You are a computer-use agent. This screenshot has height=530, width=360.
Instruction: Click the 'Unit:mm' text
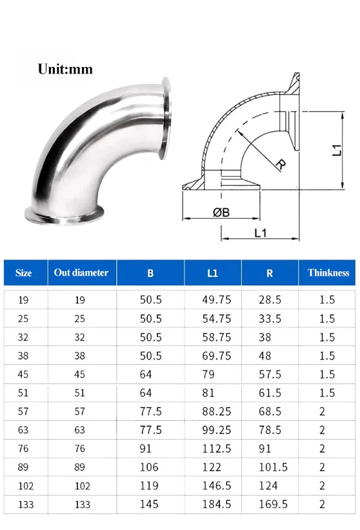tap(65, 69)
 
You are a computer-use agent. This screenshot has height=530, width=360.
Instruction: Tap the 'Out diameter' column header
tap(81, 272)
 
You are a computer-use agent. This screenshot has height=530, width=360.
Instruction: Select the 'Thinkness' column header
tap(328, 272)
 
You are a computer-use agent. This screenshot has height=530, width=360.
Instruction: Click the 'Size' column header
tap(24, 273)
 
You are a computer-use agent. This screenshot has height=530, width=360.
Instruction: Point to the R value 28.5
tap(269, 300)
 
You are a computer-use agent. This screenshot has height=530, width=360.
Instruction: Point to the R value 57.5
tap(269, 374)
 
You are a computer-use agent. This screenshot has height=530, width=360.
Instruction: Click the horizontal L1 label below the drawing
tap(260, 232)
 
